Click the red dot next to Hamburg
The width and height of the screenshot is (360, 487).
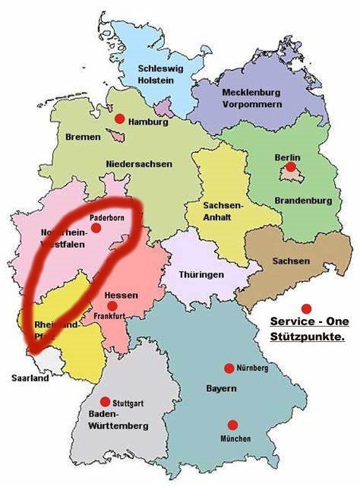tap(119, 119)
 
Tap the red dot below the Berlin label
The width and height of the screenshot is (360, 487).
tap(291, 166)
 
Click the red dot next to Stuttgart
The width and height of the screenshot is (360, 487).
tap(105, 401)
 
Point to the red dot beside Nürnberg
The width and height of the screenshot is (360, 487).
tap(229, 368)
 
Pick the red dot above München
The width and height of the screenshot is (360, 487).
tap(232, 425)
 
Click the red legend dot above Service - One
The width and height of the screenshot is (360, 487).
tap(306, 308)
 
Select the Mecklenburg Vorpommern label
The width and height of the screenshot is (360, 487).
tap(252, 98)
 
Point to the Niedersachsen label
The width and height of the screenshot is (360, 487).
tap(140, 163)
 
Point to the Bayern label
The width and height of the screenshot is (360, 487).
tap(221, 388)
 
